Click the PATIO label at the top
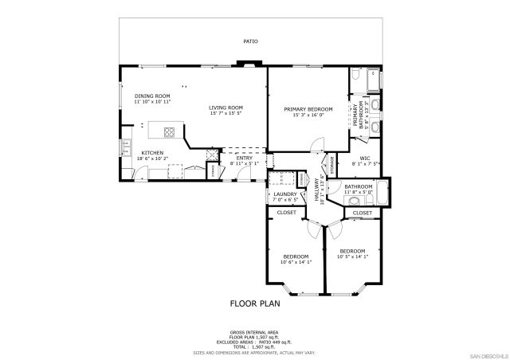pyautogui.click(x=251, y=41)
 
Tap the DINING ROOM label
pyautogui.click(x=152, y=96)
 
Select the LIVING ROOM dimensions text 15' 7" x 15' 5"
pyautogui.click(x=226, y=113)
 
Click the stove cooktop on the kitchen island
pyautogui.click(x=170, y=131)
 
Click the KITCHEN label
pyautogui.click(x=152, y=153)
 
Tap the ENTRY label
pyautogui.click(x=244, y=158)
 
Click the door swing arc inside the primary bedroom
pyautogui.click(x=316, y=143)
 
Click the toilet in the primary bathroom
pyautogui.click(x=355, y=78)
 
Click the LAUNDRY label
pyautogui.click(x=284, y=194)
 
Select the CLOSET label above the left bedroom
pyautogui.click(x=286, y=213)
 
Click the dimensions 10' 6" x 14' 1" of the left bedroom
pyautogui.click(x=295, y=262)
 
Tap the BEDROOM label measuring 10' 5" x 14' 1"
pyautogui.click(x=351, y=251)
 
